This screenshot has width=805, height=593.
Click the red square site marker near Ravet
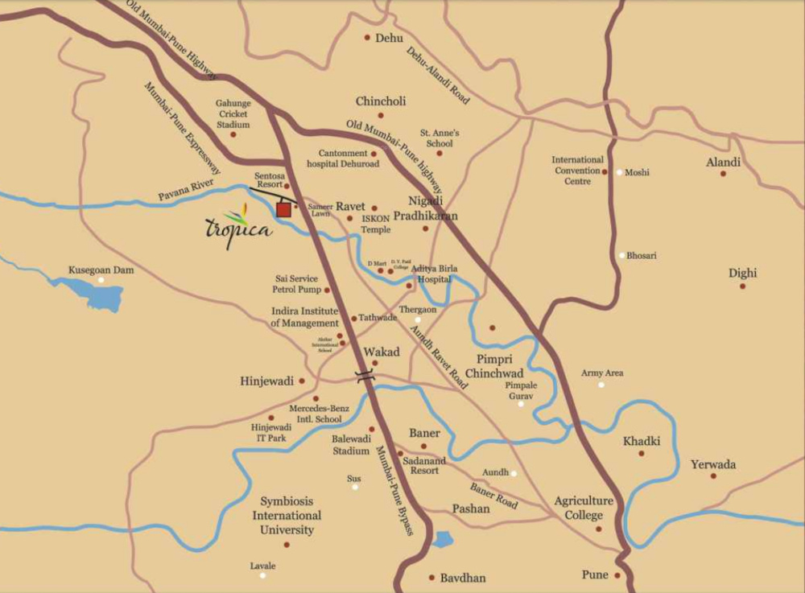tap(283, 210)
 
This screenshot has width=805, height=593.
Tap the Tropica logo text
tap(238, 227)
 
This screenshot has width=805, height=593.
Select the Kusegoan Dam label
tap(101, 270)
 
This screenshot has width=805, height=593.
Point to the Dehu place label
tap(389, 38)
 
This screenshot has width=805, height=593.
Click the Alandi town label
tap(723, 162)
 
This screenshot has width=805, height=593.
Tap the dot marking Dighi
tap(742, 286)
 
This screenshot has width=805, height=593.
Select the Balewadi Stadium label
tap(351, 445)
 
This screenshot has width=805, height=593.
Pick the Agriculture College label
tap(584, 508)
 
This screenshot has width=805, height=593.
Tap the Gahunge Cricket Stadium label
tap(233, 113)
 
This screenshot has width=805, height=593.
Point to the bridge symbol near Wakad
tap(365, 375)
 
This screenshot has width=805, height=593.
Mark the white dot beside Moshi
tap(619, 172)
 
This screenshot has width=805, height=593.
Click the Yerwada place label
tap(712, 464)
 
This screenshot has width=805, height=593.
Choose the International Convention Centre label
tap(577, 171)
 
